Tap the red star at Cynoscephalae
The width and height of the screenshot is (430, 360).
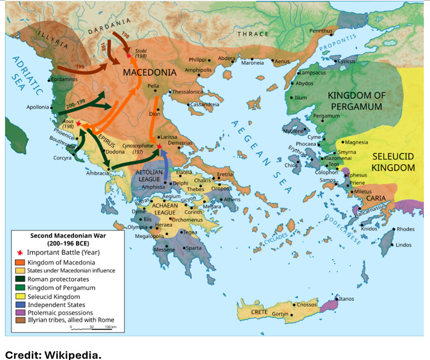point(159,146)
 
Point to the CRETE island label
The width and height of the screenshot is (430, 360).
point(258,313)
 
